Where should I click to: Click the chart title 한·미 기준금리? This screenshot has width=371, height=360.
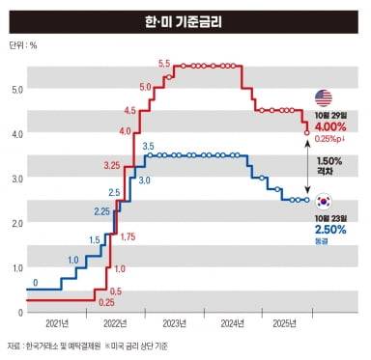[185, 17]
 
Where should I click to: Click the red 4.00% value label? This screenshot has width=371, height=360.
[331, 126]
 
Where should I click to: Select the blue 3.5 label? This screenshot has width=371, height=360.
[148, 146]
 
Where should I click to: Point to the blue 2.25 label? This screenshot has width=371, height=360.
[101, 210]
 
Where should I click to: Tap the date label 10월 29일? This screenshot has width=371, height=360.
[331, 114]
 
